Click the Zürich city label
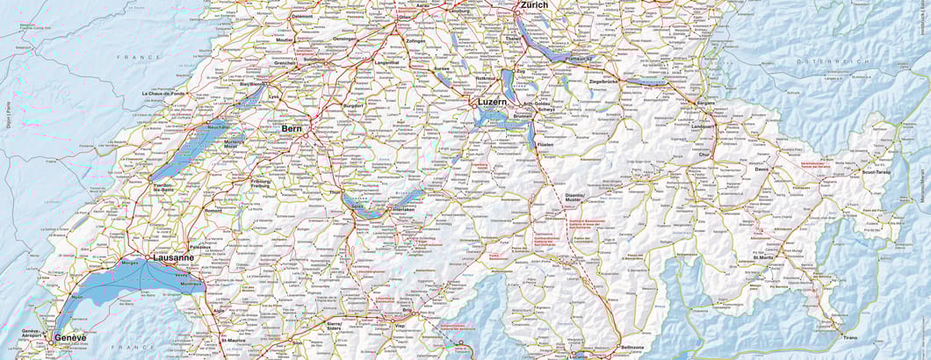tap(534, 5)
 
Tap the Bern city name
tap(292, 128)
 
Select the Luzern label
tap(493, 102)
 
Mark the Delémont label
tap(302, 16)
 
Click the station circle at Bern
tap(306, 135)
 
